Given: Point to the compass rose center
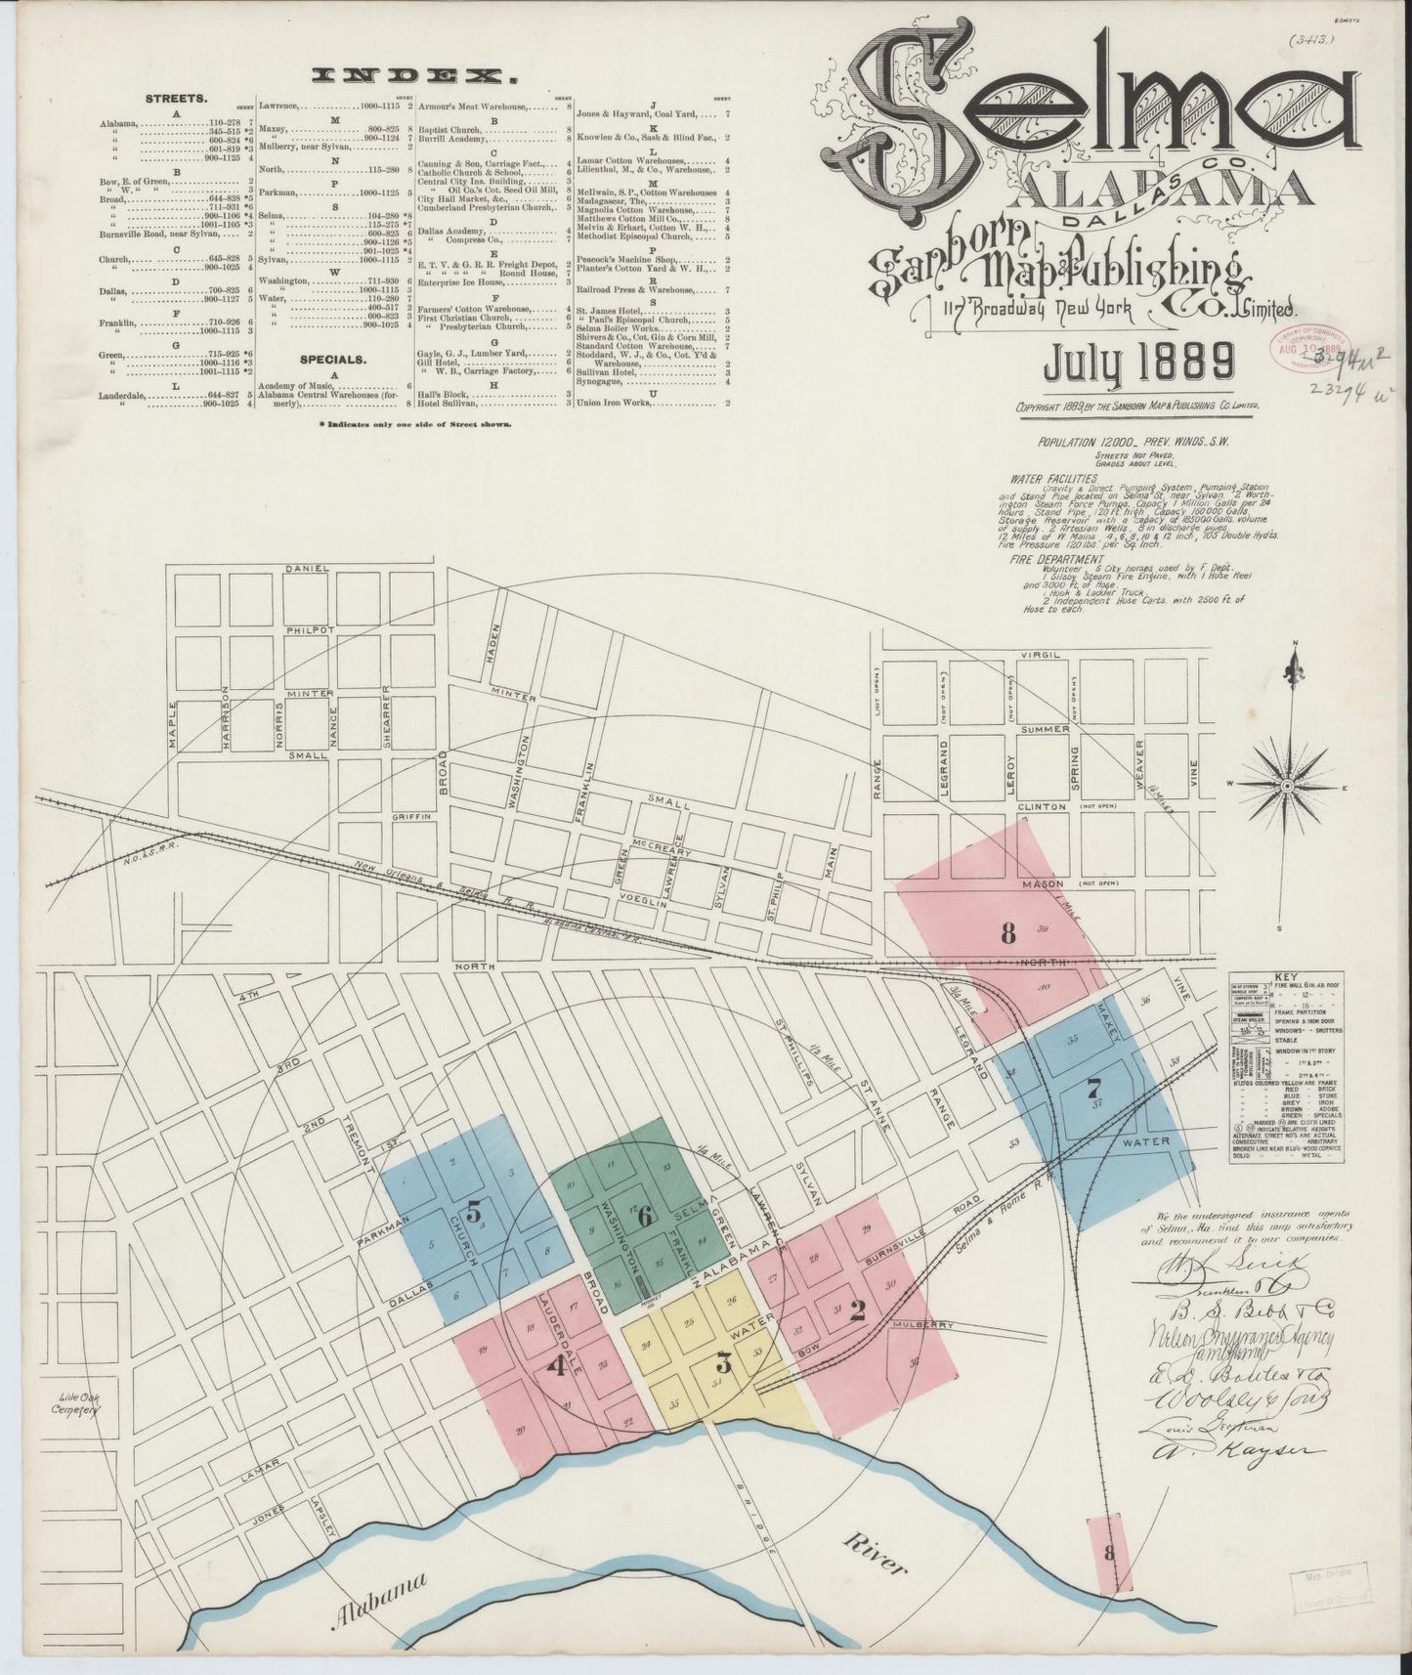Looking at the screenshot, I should (x=1288, y=786).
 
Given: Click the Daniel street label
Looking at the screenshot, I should (x=303, y=569).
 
